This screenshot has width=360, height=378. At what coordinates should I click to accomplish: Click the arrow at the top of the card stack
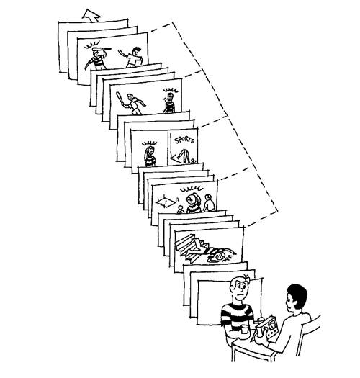[x=91, y=15]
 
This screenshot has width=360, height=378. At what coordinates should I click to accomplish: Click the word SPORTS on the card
[x=184, y=140]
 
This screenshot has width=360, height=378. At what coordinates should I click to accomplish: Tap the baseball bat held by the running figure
[x=120, y=99]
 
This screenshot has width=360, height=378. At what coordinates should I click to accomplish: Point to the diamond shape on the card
[x=165, y=202]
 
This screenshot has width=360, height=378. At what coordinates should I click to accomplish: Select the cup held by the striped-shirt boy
[x=244, y=329]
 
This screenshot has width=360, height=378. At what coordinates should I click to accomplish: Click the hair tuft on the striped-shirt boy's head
[x=246, y=278]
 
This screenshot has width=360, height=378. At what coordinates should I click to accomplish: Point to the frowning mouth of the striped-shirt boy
[x=240, y=294]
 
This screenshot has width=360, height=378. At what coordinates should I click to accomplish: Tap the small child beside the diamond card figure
[x=181, y=210]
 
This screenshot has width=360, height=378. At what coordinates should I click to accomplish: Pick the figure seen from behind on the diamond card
[x=209, y=203]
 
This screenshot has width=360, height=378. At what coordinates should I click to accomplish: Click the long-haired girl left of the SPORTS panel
[x=150, y=156]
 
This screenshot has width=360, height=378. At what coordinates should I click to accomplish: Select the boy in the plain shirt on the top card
[x=132, y=57]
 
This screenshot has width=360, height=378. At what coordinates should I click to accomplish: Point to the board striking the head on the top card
[x=102, y=50]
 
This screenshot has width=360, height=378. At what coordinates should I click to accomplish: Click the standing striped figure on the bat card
[x=169, y=103]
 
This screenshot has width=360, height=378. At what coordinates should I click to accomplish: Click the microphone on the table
[x=260, y=323]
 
